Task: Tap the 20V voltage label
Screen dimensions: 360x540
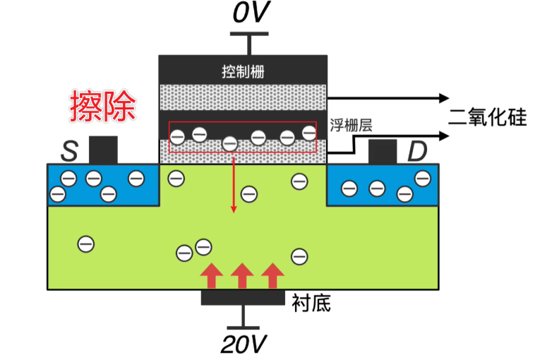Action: [x=244, y=344]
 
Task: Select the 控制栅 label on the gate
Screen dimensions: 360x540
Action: [x=243, y=72]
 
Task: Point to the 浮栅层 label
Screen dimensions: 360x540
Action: [x=351, y=126]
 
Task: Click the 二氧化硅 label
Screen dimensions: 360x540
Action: [x=488, y=117]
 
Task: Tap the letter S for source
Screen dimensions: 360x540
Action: [x=69, y=150]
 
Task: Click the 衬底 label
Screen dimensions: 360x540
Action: [x=311, y=304]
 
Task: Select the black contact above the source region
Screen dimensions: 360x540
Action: [x=103, y=150]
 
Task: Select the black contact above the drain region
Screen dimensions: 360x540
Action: [x=382, y=151]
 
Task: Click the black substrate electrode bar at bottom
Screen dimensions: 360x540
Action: [x=243, y=297]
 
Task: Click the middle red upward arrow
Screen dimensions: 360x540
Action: [x=242, y=275]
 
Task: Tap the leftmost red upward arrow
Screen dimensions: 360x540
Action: [x=210, y=275]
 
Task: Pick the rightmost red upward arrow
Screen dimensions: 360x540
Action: [x=272, y=275]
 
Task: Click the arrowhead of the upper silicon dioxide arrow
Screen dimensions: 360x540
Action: [x=443, y=97]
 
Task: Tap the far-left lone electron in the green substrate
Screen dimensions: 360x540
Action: [x=85, y=244]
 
